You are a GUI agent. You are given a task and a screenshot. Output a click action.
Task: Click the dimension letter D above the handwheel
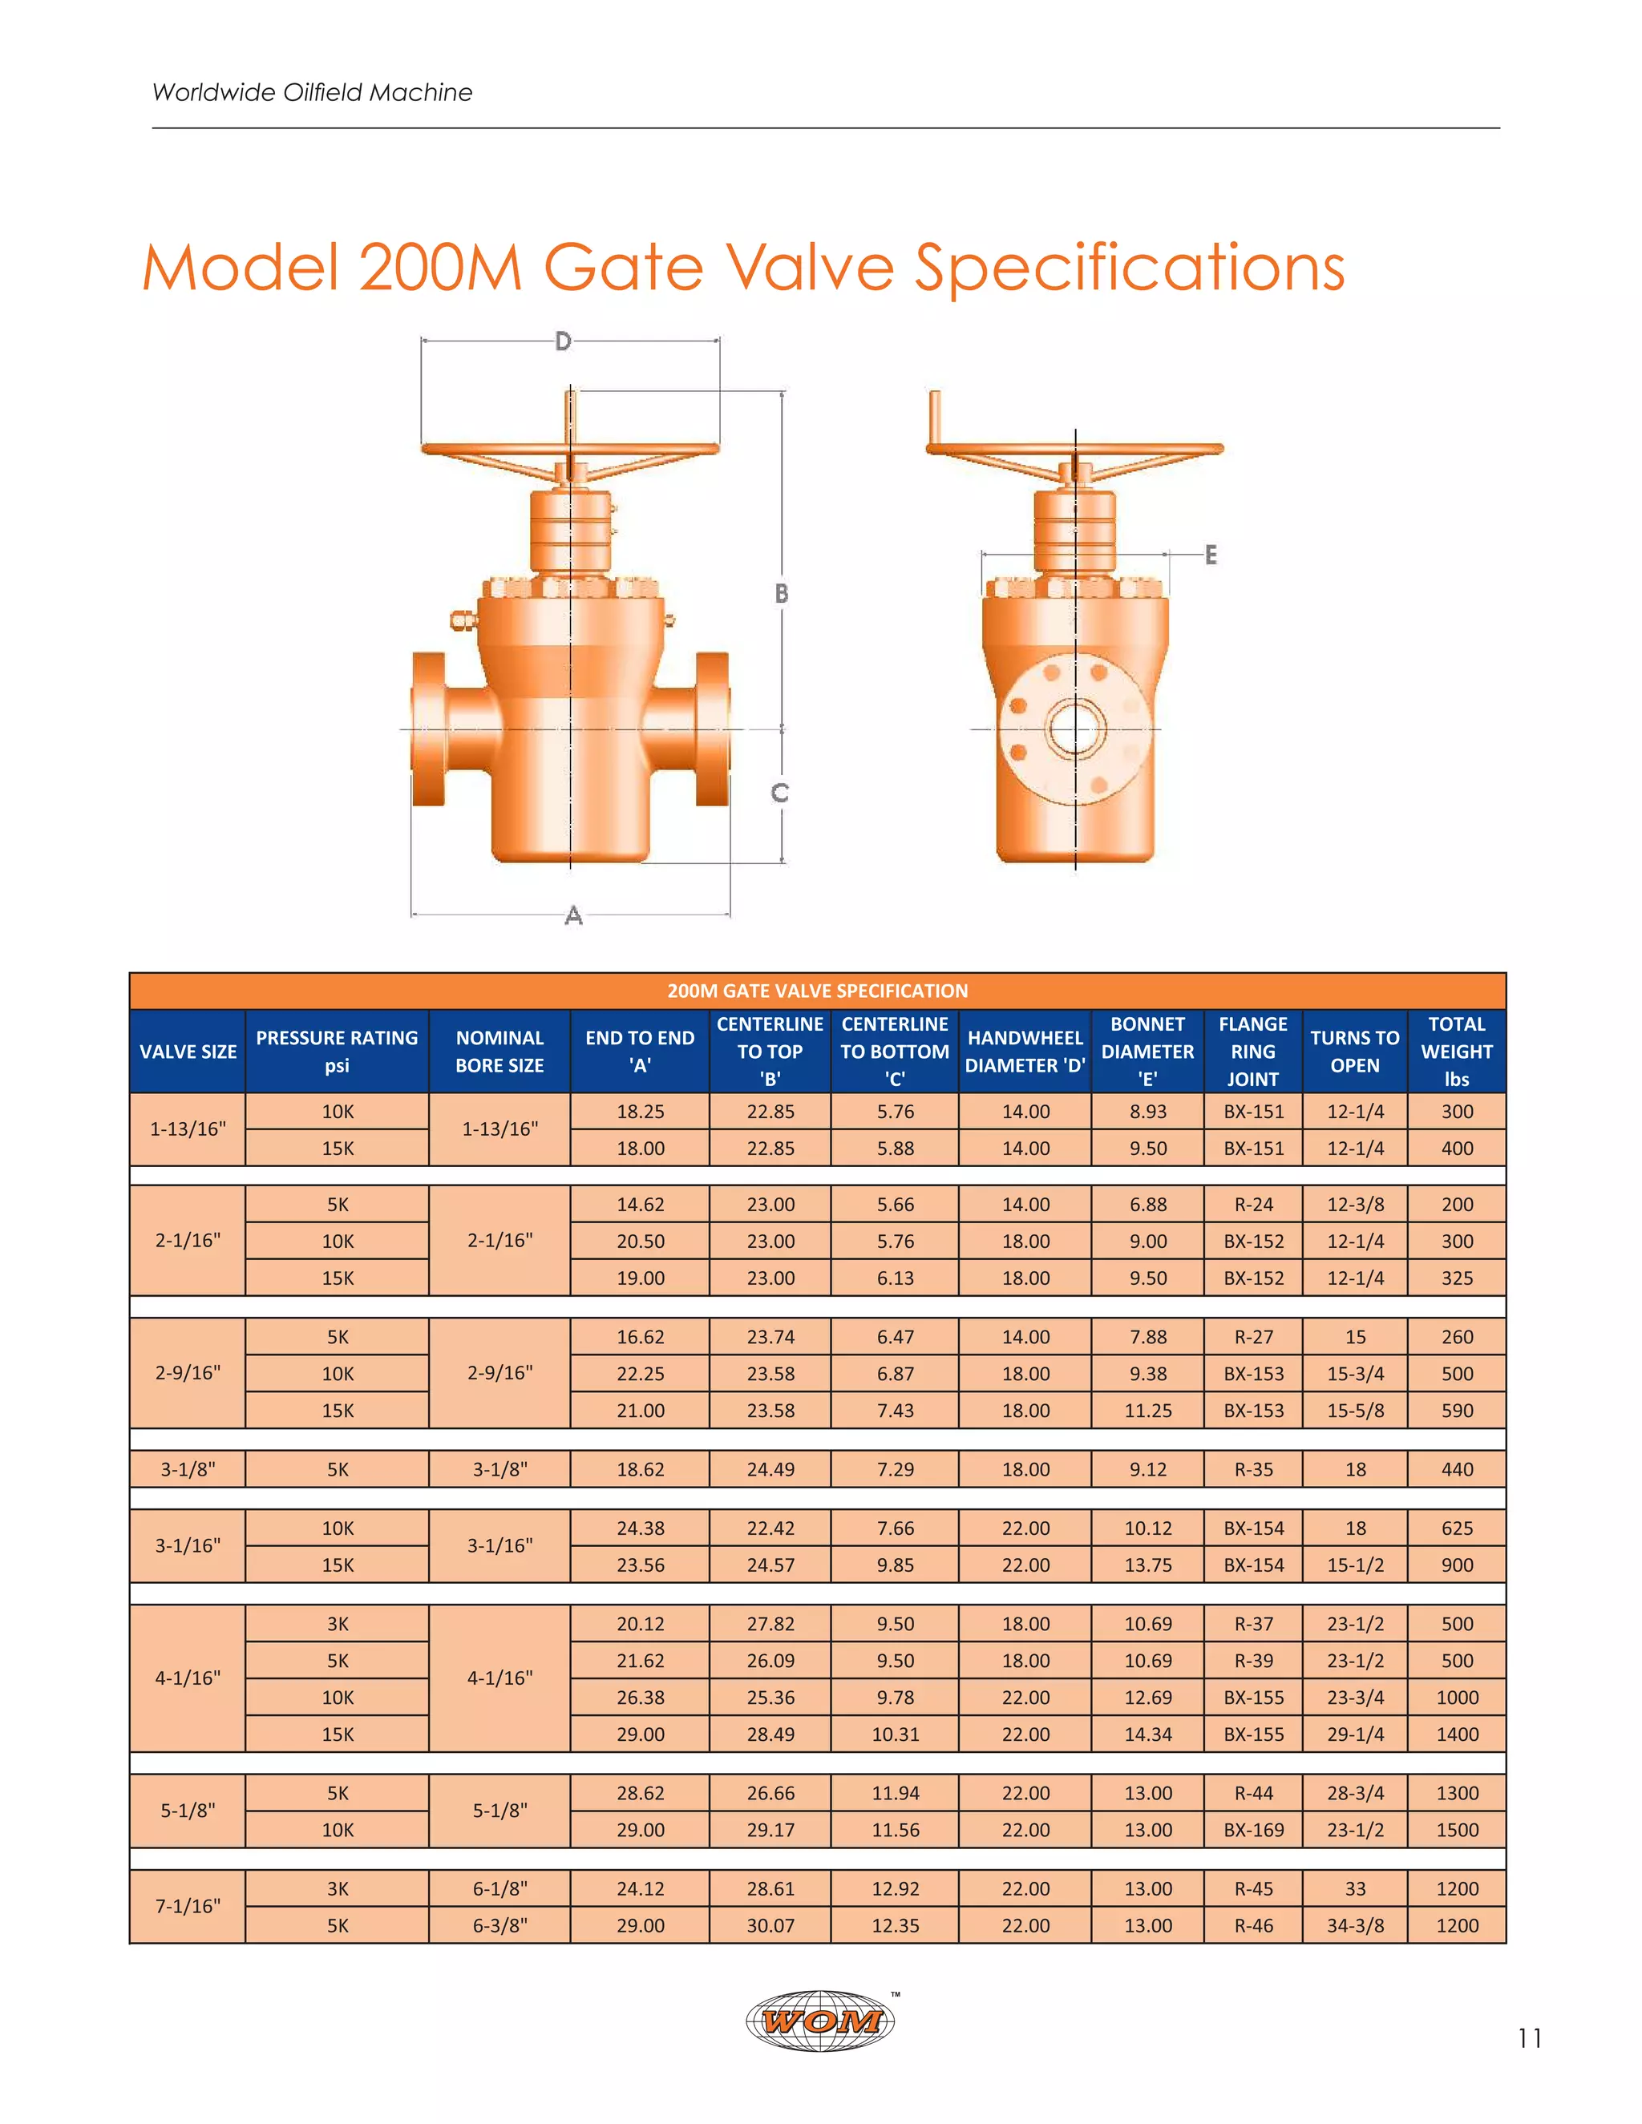563,341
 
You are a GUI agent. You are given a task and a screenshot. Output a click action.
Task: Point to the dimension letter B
781,593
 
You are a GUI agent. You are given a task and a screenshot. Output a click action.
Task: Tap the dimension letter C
779,793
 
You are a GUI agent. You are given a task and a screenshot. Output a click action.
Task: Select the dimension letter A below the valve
574,915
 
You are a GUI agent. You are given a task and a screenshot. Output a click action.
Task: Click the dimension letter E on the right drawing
1210,555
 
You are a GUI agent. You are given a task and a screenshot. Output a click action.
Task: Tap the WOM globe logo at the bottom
821,2020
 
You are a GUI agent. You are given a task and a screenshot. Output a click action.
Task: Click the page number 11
1529,2038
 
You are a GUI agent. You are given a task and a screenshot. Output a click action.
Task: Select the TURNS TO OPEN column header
1354,1052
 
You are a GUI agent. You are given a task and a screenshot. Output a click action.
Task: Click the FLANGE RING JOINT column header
1253,1052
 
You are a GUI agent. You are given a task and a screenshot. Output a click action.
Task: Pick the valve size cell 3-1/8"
188,1469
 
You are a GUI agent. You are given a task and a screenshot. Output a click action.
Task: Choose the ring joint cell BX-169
1253,1829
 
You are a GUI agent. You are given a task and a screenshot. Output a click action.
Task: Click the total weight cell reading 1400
1456,1734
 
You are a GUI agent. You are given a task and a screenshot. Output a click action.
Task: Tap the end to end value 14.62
640,1204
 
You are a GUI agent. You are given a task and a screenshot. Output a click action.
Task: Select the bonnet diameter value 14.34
1148,1734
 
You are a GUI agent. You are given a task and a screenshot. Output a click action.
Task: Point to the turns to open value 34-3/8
1355,1924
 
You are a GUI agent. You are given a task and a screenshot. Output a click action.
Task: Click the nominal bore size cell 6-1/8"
500,1888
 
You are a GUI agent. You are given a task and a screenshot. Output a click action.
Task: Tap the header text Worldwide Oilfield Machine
312,92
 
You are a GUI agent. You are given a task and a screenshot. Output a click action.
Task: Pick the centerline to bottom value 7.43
895,1410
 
